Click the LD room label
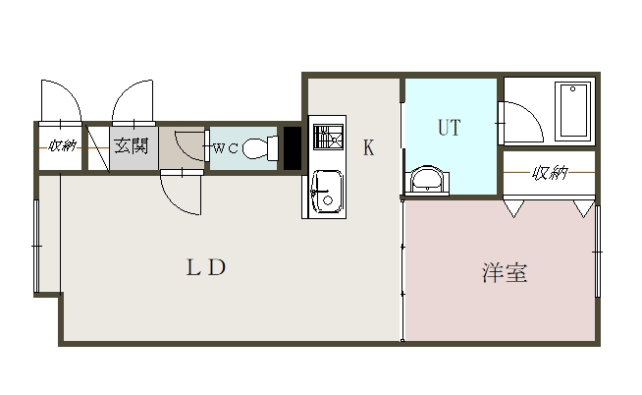[x=206, y=267]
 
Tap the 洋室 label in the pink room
[x=505, y=273]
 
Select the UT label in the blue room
[x=449, y=128]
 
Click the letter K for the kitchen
[x=369, y=149]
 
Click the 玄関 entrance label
[x=130, y=146]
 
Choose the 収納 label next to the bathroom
[x=550, y=174]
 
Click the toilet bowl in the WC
[x=256, y=149]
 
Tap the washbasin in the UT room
[x=425, y=180]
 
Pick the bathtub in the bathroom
[x=573, y=110]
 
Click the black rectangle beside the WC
[x=292, y=148]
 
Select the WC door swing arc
[x=187, y=142]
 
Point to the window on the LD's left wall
[x=37, y=246]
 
